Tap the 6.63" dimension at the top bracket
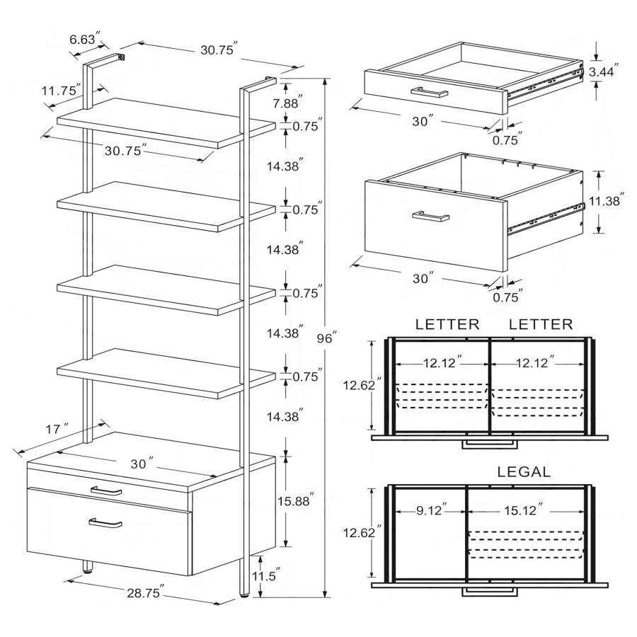click(x=84, y=40)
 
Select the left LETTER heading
click(x=447, y=325)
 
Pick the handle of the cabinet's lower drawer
click(x=105, y=523)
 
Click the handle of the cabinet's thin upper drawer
click(x=106, y=490)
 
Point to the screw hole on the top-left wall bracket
click(x=122, y=57)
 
